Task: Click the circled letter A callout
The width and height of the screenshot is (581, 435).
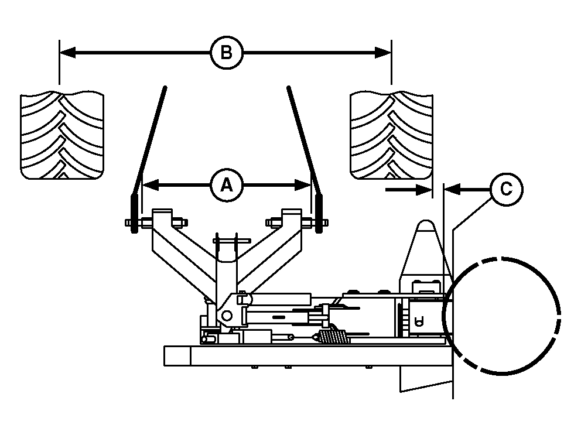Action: click(226, 185)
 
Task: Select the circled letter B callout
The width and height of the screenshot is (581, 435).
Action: click(226, 53)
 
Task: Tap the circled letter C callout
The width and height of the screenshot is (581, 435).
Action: click(505, 189)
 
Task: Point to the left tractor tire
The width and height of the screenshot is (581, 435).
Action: click(63, 135)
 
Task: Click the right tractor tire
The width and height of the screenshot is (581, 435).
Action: click(391, 135)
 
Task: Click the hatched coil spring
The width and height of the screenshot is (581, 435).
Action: click(331, 337)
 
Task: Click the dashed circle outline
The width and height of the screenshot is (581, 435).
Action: click(502, 316)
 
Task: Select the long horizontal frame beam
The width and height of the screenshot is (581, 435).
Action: click(305, 355)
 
